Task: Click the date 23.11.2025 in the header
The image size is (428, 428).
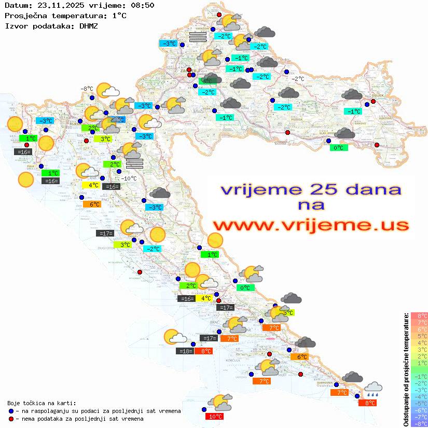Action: click(57, 6)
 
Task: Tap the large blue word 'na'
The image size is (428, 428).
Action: click(311, 206)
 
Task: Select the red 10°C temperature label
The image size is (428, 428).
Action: click(215, 416)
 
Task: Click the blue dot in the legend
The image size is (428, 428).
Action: click(11, 411)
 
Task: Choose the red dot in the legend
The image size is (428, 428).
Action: click(11, 419)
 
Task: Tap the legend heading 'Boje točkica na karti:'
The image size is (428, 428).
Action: click(42, 403)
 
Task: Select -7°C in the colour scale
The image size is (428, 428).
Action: click(419, 417)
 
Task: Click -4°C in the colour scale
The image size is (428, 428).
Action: click(419, 396)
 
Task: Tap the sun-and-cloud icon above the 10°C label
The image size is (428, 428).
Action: click(220, 402)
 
